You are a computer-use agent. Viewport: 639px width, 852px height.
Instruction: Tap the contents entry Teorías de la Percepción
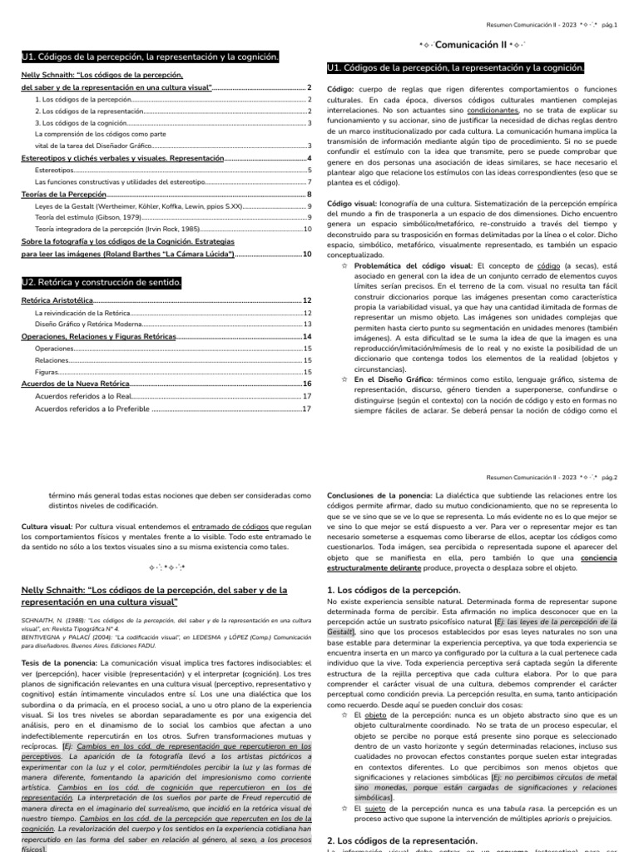[x=58, y=194]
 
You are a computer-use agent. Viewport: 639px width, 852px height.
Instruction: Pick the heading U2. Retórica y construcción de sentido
[x=102, y=283]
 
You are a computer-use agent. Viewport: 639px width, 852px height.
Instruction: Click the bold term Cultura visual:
[x=47, y=527]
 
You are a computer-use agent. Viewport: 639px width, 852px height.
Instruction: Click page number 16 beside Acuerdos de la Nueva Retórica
[x=307, y=384]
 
